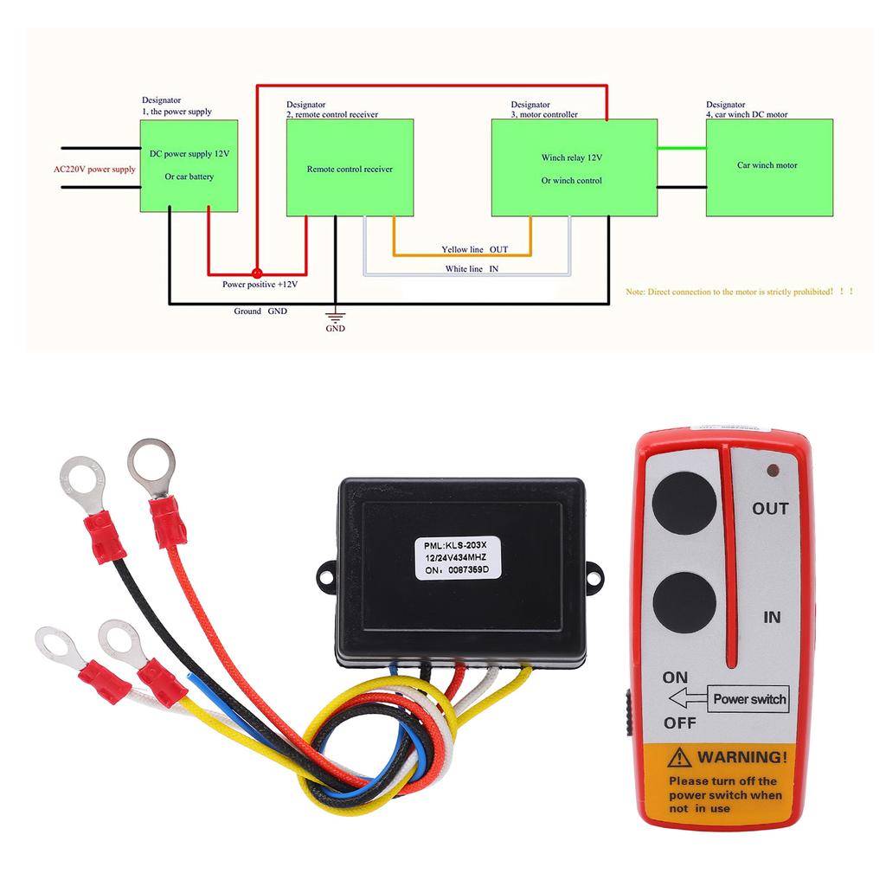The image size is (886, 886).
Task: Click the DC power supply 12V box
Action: click(x=189, y=165)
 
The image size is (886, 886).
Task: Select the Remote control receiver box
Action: click(x=350, y=168)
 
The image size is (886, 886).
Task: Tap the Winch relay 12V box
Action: click(x=571, y=168)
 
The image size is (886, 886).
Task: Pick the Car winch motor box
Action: click(x=769, y=168)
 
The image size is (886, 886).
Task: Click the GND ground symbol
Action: click(x=334, y=318)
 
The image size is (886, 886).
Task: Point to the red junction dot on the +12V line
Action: click(x=256, y=271)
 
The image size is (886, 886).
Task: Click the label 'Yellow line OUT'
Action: click(x=475, y=249)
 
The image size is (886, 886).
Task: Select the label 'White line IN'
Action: click(x=472, y=269)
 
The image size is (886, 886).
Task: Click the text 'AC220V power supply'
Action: click(x=94, y=170)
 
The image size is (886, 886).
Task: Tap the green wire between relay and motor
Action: click(x=682, y=147)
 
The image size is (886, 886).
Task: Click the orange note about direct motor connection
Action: click(x=740, y=292)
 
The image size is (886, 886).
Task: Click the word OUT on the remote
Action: click(x=770, y=508)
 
